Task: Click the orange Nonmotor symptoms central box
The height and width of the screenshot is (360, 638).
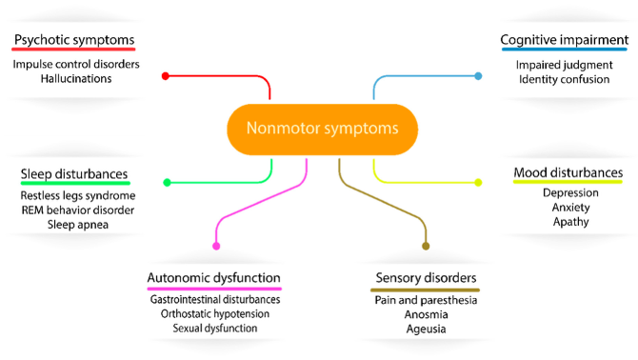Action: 323,128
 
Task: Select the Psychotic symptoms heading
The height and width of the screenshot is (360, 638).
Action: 73,41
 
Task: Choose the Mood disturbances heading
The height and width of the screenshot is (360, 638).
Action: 568,172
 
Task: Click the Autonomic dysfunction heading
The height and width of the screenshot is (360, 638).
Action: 214,278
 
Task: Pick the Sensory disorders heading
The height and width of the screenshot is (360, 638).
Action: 425,278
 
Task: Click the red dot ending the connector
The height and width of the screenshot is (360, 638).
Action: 166,76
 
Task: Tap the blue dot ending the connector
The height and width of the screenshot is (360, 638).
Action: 478,76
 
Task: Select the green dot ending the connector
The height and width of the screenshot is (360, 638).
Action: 168,182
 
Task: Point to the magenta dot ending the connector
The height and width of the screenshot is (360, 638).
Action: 216,247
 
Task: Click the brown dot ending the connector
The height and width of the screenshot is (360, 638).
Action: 426,247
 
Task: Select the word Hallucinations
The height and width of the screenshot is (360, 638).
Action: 76,79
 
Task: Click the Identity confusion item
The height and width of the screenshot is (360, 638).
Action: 563,79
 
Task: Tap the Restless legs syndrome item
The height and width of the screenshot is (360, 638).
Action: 77,195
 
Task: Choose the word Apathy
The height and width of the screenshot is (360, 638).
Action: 570,222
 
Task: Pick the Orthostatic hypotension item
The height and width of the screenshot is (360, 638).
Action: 215,313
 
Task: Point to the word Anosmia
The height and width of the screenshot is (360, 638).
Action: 425,314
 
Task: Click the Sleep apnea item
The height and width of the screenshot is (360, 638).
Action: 77,224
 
